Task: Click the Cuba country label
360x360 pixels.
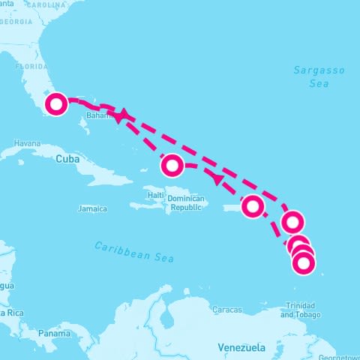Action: tap(67, 159)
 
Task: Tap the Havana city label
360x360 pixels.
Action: tap(26, 143)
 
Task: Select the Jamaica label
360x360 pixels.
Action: tap(93, 208)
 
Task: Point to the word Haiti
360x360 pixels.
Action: tap(156, 195)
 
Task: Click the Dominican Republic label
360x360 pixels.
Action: tap(186, 202)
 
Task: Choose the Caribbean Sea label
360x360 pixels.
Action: tap(134, 252)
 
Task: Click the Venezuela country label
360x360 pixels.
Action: tap(241, 348)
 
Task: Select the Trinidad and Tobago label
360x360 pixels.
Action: tap(299, 310)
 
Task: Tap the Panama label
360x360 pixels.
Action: tap(55, 332)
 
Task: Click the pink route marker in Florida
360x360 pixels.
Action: tap(56, 104)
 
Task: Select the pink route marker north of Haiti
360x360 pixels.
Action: tap(172, 164)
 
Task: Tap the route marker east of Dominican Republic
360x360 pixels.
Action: tap(253, 205)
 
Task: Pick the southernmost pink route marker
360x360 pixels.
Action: tap(303, 262)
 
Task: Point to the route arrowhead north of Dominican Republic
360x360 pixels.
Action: tap(217, 179)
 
